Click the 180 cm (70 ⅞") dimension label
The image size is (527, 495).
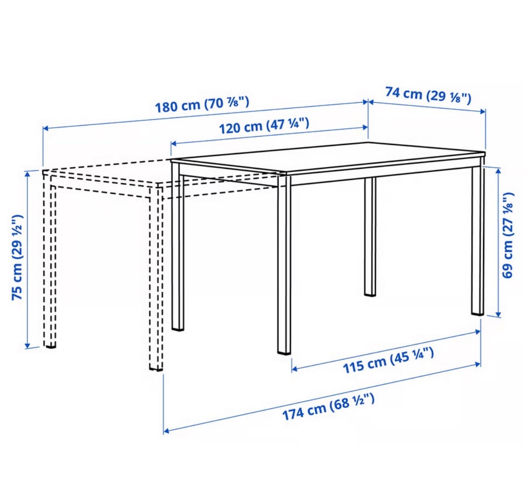(202, 104)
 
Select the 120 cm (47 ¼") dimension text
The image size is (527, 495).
(264, 126)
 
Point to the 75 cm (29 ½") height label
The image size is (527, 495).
(17, 257)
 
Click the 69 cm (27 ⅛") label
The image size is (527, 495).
(508, 235)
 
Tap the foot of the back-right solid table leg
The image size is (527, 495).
(477, 312)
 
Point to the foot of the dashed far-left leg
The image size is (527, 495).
(50, 345)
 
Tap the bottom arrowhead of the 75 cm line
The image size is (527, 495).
(27, 345)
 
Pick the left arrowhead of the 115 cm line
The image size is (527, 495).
(295, 369)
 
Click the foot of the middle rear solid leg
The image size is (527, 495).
(370, 294)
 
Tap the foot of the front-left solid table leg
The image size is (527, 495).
(178, 328)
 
